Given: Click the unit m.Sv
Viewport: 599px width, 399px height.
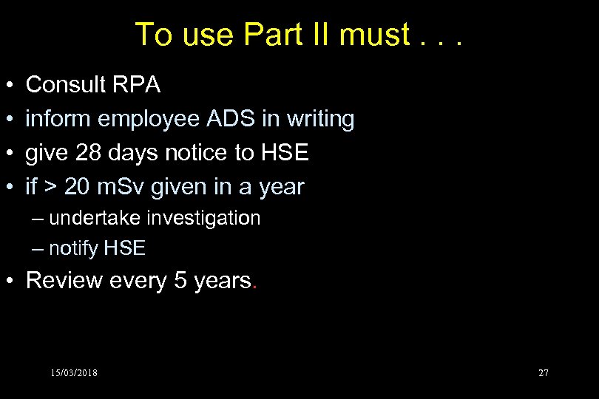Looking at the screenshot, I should click(x=124, y=187).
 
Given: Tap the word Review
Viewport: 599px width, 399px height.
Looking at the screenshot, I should click(x=64, y=281).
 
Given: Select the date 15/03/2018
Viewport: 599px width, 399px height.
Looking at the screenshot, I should click(x=74, y=372).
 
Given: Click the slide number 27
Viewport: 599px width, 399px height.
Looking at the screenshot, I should click(x=544, y=372).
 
